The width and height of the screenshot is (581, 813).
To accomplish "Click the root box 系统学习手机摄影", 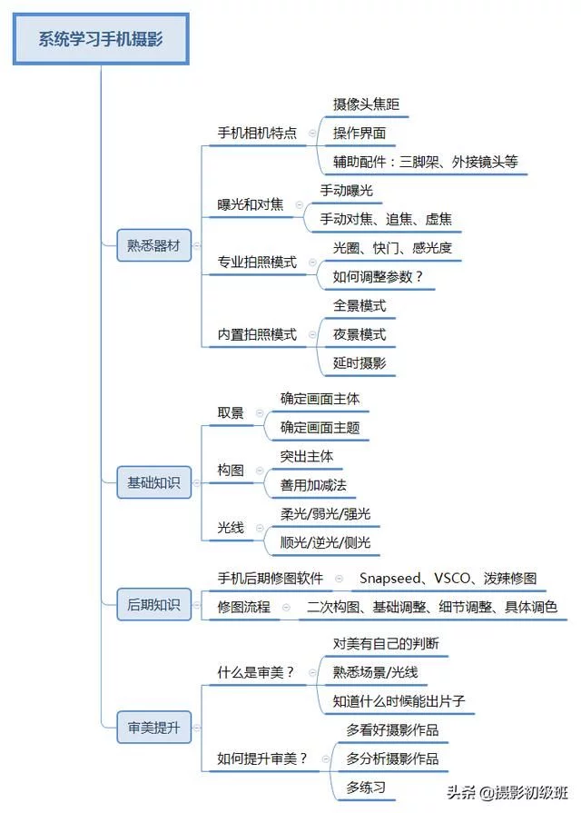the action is [100, 38].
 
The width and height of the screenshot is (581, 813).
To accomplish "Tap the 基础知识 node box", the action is [153, 483].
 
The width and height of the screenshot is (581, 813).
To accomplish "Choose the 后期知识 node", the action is [153, 604].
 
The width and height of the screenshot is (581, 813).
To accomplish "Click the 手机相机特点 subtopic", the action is [257, 133].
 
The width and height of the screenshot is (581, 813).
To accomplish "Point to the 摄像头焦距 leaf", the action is [365, 104].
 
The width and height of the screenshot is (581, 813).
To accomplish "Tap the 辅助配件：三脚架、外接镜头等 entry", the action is [425, 162].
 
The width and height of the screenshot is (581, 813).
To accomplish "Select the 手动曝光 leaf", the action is [347, 191].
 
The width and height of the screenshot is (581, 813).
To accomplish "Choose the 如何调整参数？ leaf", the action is [379, 276].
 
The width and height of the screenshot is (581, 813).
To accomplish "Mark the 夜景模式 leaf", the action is [359, 334].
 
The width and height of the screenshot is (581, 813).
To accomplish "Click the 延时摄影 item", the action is [359, 363].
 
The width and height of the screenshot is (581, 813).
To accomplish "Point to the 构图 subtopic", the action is [231, 469].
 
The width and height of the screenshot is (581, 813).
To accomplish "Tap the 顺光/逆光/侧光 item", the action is [325, 542].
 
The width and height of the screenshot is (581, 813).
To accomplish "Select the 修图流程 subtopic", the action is [243, 607].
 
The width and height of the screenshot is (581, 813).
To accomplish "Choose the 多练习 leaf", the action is [366, 787].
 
